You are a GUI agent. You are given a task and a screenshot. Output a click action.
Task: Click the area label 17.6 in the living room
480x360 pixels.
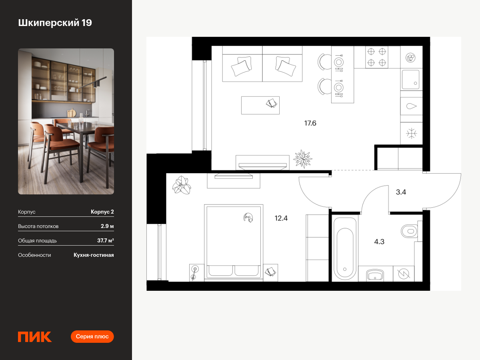pos(310,123)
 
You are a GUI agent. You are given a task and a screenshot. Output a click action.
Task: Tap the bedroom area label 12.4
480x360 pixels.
pos(281,218)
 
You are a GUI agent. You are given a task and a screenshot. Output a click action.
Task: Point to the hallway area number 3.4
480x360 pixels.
pos(401,192)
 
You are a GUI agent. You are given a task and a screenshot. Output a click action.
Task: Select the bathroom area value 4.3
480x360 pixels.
pos(379,242)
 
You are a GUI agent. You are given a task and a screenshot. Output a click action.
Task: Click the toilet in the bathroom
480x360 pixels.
pos(409,231)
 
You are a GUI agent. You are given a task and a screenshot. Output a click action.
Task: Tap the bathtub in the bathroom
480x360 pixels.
pos(345,249)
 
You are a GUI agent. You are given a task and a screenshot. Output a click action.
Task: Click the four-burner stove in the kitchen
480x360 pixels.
pos(376,57)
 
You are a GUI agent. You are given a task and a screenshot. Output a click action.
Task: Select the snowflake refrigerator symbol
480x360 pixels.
pos(411,133)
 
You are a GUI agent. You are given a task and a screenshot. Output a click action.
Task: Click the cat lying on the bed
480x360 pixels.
pos(248,218)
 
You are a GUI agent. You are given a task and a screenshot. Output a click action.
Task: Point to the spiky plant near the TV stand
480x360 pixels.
pos(303,159)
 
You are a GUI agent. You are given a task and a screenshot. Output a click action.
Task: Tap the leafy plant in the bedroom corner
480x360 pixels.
pos(182,185)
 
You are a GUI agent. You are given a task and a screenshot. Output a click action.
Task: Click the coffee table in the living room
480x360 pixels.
pos(260,105)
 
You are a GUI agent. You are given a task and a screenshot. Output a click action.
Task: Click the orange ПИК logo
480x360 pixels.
pos(35,337)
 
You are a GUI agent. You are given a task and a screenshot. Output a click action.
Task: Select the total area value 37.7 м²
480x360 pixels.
pos(106,240)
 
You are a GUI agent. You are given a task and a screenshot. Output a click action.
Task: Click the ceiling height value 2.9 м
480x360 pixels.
pos(107,226)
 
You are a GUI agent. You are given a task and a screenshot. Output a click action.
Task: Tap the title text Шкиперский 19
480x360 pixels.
pos(55,23)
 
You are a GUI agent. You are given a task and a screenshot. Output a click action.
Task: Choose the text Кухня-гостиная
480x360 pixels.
pos(94,255)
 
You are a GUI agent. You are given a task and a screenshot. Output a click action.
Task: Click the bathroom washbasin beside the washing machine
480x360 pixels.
pos(375,274)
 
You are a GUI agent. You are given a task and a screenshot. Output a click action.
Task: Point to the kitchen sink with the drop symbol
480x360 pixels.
pos(411,106)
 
